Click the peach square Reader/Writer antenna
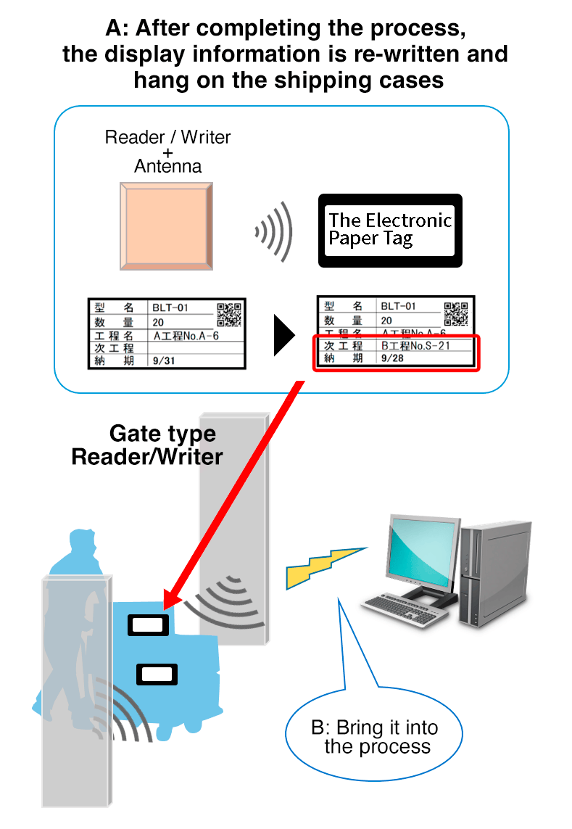point(166,226)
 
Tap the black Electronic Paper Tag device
point(390,230)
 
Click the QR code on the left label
point(229,314)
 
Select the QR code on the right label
point(456,313)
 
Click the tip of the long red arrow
point(166,608)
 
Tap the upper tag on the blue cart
point(149,624)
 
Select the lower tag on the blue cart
point(157,675)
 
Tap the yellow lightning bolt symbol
point(323,566)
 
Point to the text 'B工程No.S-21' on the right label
point(415,345)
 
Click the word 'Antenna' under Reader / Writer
point(167,166)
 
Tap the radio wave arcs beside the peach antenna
point(273,231)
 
